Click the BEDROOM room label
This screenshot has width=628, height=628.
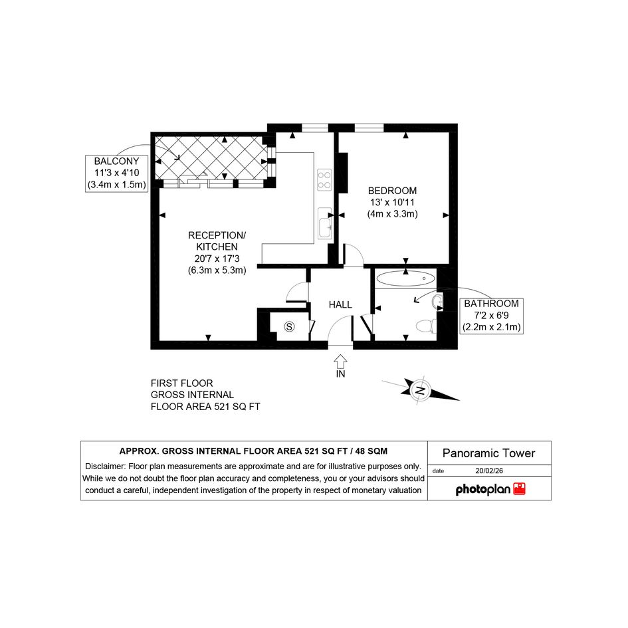click(x=392, y=191)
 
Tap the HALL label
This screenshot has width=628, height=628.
click(x=340, y=305)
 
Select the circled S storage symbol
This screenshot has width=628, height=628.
click(x=289, y=327)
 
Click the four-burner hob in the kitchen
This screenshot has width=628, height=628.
click(x=324, y=180)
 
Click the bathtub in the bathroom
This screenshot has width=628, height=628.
click(x=406, y=278)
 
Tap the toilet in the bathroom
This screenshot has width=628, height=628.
click(x=426, y=326)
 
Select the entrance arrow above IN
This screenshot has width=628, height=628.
click(x=340, y=361)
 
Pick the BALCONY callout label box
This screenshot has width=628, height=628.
click(x=116, y=173)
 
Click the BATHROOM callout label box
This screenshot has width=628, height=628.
click(x=491, y=316)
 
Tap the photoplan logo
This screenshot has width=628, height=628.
click(x=490, y=489)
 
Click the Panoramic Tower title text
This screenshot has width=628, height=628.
click(x=488, y=453)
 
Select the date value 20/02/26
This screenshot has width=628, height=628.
click(x=489, y=471)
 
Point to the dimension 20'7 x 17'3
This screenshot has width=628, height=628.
click(x=217, y=259)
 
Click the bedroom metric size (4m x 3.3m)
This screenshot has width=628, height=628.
click(x=393, y=214)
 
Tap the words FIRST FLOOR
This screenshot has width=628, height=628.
click(x=182, y=383)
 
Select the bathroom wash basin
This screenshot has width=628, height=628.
click(x=437, y=302)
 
